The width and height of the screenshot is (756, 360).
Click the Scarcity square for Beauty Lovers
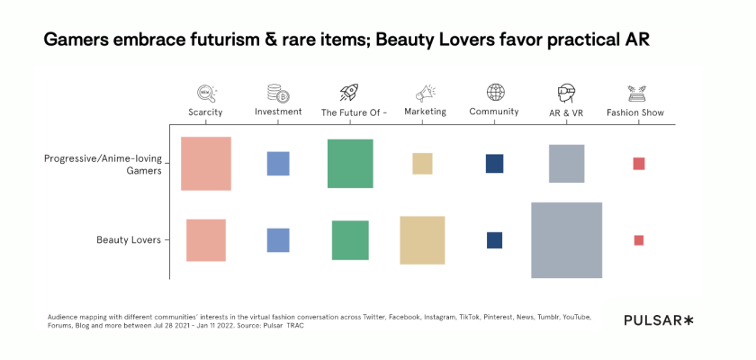point(206,240)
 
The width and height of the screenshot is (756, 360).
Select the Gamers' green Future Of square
point(350,164)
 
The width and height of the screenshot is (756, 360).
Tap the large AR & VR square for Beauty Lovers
point(566,240)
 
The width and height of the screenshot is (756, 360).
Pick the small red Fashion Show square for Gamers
point(639,164)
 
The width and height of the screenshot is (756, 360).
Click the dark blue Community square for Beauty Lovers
point(494,240)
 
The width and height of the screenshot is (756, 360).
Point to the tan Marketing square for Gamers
point(422,164)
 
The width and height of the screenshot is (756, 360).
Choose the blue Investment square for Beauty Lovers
point(278,240)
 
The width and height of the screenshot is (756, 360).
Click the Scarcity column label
point(205,112)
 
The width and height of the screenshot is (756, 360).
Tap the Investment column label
point(278,112)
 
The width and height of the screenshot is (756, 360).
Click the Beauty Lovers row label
point(129,240)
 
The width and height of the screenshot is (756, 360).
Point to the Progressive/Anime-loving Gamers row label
point(103,165)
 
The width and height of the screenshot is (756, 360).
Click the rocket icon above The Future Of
point(349,92)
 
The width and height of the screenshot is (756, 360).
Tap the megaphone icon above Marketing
point(425,92)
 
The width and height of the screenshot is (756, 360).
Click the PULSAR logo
point(659,320)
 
